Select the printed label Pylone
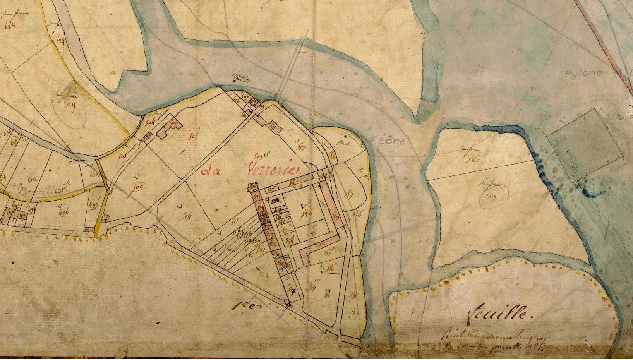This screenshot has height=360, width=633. click(584, 73)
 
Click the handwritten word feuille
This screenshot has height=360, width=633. click(500, 312)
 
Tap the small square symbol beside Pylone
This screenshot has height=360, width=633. click(618, 73)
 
